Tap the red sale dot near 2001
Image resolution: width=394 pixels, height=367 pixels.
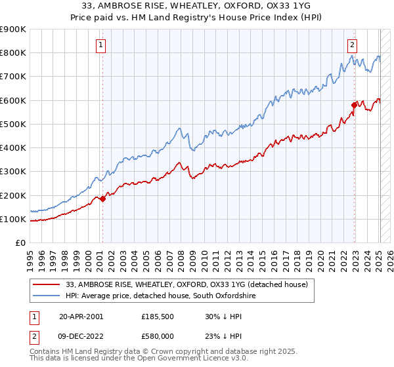[x=103, y=199]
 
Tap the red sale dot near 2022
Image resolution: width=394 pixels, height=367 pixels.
[x=354, y=104]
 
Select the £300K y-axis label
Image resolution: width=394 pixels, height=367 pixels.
[x=13, y=172]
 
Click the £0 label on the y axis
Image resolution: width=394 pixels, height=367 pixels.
[x=21, y=243]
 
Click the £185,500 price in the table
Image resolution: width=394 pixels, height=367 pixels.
[x=158, y=316]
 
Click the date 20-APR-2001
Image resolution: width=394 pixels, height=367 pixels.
[x=81, y=316]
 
